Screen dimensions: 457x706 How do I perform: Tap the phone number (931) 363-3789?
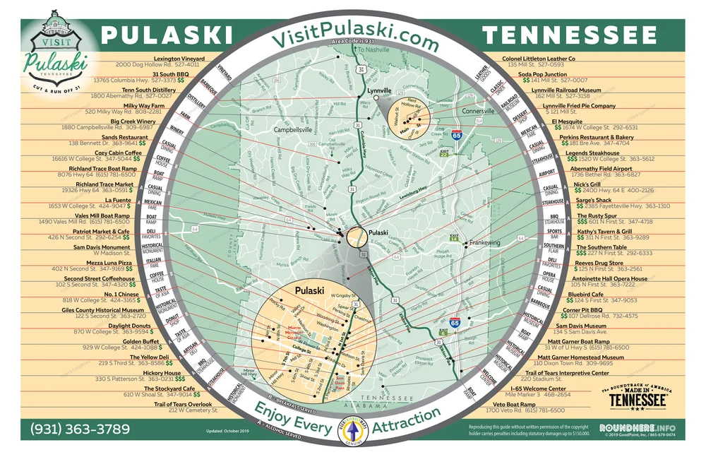point(80,429)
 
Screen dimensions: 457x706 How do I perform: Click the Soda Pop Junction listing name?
point(542,74)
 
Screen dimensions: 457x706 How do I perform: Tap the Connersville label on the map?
point(478,112)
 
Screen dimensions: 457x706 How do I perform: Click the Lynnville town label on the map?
point(380,92)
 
